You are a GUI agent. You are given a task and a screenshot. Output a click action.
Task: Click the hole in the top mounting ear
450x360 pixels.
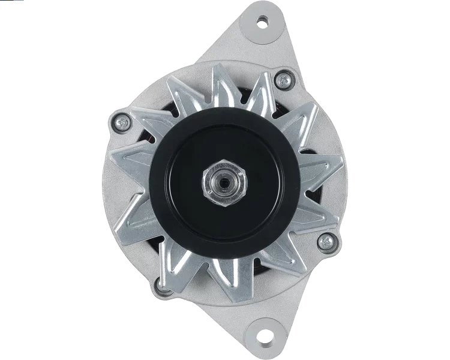point(262,21)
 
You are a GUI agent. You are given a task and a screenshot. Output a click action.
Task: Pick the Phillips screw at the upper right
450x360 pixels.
point(281,80)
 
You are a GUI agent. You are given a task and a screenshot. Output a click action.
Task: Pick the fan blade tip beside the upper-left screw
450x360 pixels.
point(144,114)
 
